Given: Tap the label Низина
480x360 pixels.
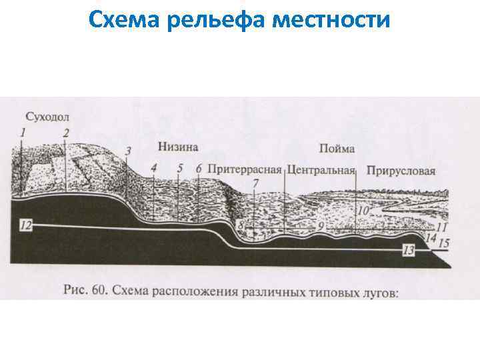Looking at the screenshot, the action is pos(178,147).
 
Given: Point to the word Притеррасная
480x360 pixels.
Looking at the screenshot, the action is pos(245,170).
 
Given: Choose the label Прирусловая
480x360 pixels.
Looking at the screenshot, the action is pos(400,171).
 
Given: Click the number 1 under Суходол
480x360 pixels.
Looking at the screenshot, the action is pos(23,133).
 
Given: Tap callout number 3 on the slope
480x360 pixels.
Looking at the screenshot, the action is pos(128,151).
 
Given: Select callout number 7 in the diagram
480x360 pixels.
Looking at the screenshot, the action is pos(257,183).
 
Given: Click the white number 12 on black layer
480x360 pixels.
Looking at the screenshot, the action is pos(25,225).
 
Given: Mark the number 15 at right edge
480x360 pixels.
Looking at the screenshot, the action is pos(443,243).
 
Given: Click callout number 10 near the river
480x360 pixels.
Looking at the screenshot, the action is pos(363,210).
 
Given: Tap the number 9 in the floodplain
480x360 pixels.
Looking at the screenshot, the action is pos(321,227).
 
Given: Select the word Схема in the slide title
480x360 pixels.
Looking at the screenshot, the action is pos(126,21).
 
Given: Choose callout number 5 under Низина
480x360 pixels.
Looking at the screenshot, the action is pos(180,168).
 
